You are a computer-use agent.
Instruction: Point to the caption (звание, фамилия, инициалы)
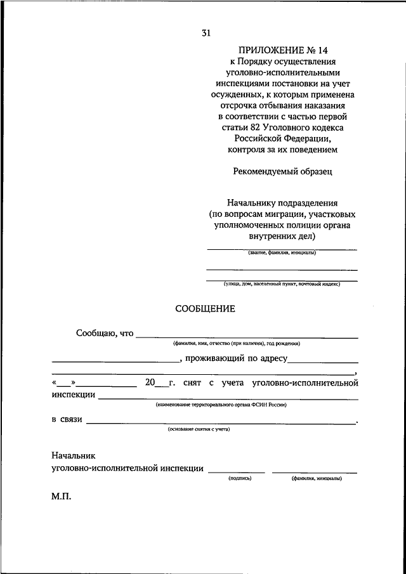tap(282, 253)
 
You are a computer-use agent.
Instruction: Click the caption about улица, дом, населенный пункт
tap(282, 284)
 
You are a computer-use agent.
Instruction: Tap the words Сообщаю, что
tap(105, 332)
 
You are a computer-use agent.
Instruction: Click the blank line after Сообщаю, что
tap(247, 336)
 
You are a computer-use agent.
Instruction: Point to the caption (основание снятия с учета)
tap(199, 429)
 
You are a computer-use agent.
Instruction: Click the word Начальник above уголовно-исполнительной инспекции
tap(73, 455)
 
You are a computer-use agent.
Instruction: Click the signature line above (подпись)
tap(237, 472)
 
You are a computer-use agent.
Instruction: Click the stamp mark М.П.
tap(62, 498)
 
